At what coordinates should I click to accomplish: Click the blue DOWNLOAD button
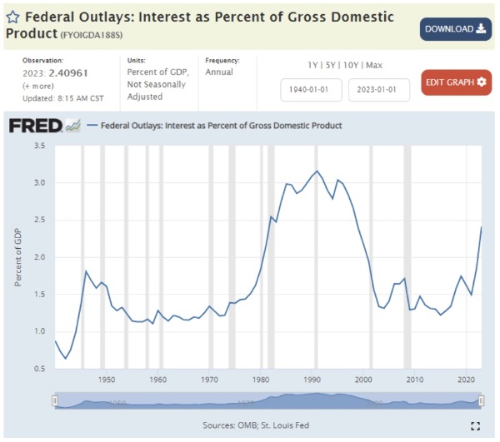tap(455, 29)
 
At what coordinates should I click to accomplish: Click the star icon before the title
tap(13, 17)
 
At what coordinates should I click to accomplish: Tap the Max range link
tap(374, 65)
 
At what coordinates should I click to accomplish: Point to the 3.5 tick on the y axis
tap(39, 146)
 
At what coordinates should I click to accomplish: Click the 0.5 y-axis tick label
tap(39, 369)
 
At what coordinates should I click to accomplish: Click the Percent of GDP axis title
tap(17, 257)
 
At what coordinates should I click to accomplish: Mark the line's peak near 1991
tap(317, 171)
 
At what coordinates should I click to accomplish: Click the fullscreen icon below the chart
tap(476, 425)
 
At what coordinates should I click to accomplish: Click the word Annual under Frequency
tap(220, 72)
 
